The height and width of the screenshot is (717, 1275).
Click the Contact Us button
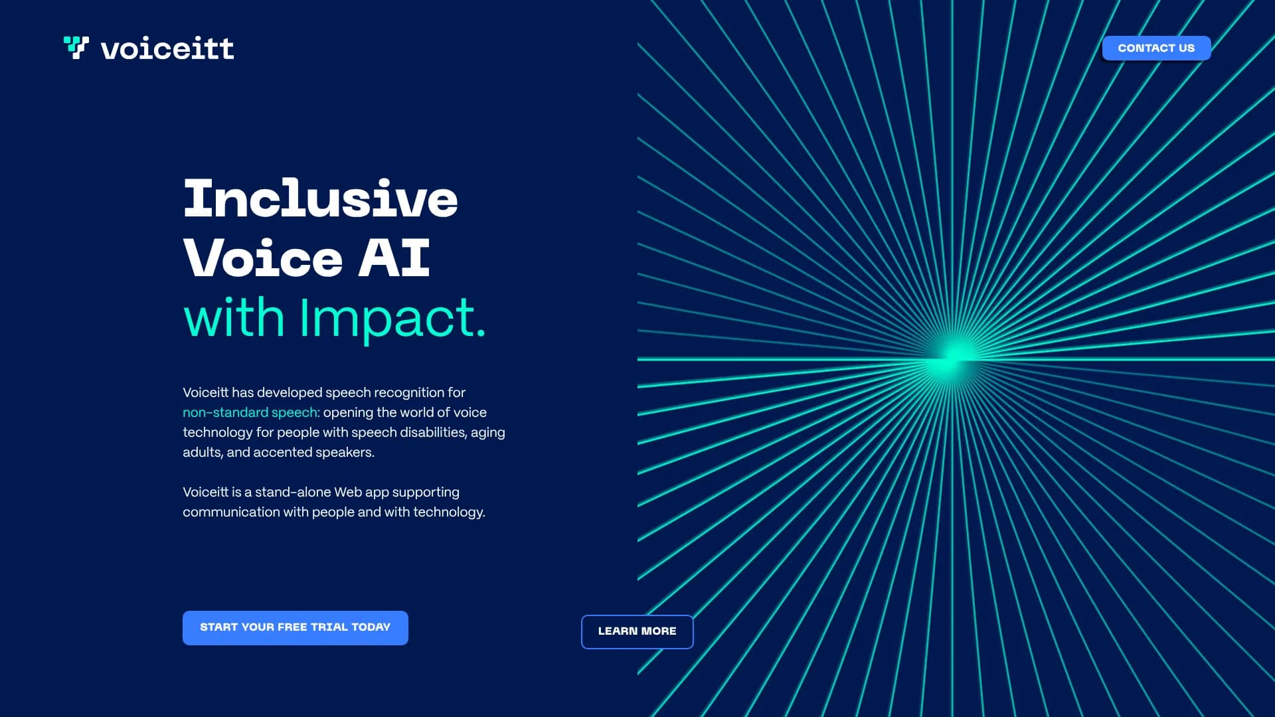tap(1156, 48)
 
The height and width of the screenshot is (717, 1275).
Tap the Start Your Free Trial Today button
tap(296, 627)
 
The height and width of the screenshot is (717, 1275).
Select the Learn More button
tap(637, 631)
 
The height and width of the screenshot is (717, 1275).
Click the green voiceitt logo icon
tap(76, 48)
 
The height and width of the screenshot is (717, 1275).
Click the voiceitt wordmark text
tap(167, 48)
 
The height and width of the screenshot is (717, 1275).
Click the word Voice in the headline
tap(263, 258)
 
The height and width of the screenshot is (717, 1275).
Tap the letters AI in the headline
tap(394, 258)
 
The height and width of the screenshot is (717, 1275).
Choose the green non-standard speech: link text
tap(251, 413)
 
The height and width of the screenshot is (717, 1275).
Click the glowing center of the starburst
tap(955, 356)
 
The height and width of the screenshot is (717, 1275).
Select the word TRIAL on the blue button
tap(329, 627)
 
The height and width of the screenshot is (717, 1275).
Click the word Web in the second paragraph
tap(348, 492)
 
